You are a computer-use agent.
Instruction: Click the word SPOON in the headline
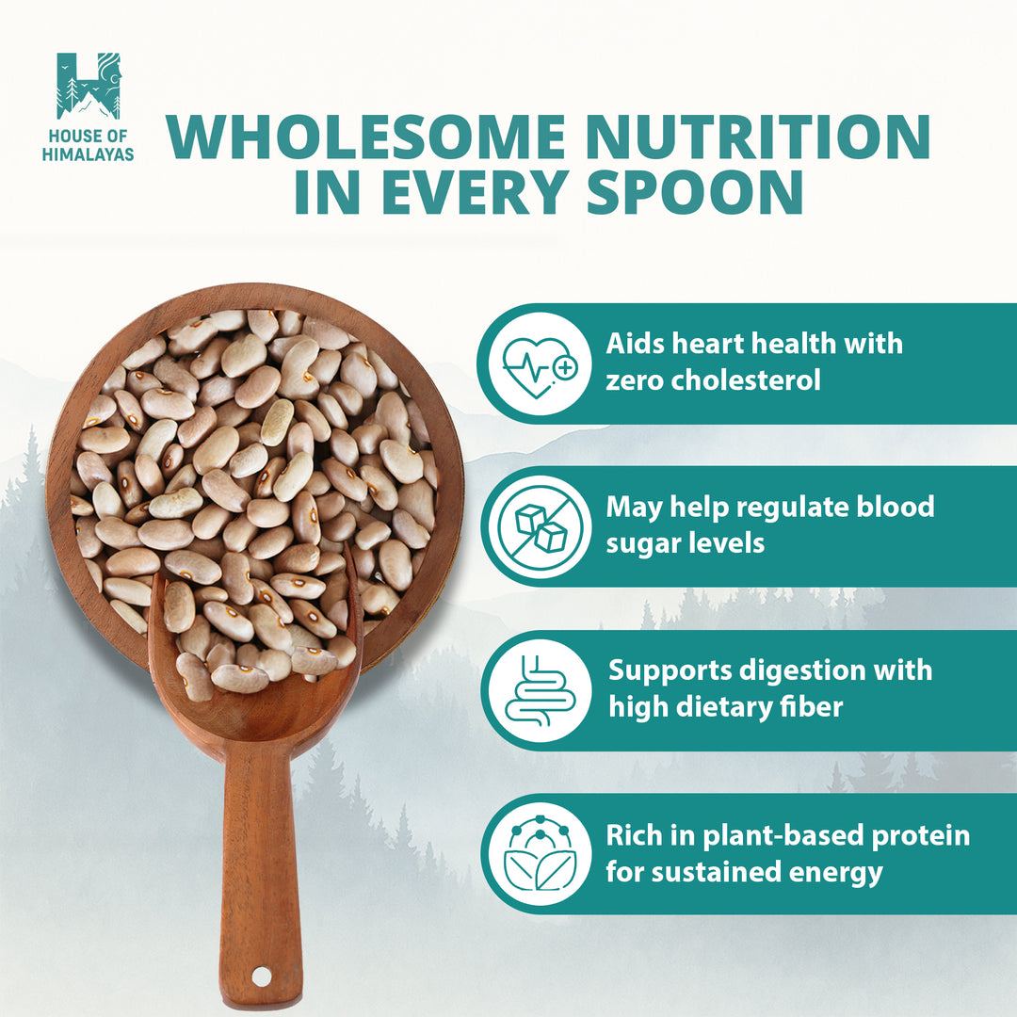point(695,190)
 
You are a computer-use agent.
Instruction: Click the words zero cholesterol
point(713,380)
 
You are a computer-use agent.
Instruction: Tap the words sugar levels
point(686,543)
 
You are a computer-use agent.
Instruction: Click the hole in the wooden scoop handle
point(261,975)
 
